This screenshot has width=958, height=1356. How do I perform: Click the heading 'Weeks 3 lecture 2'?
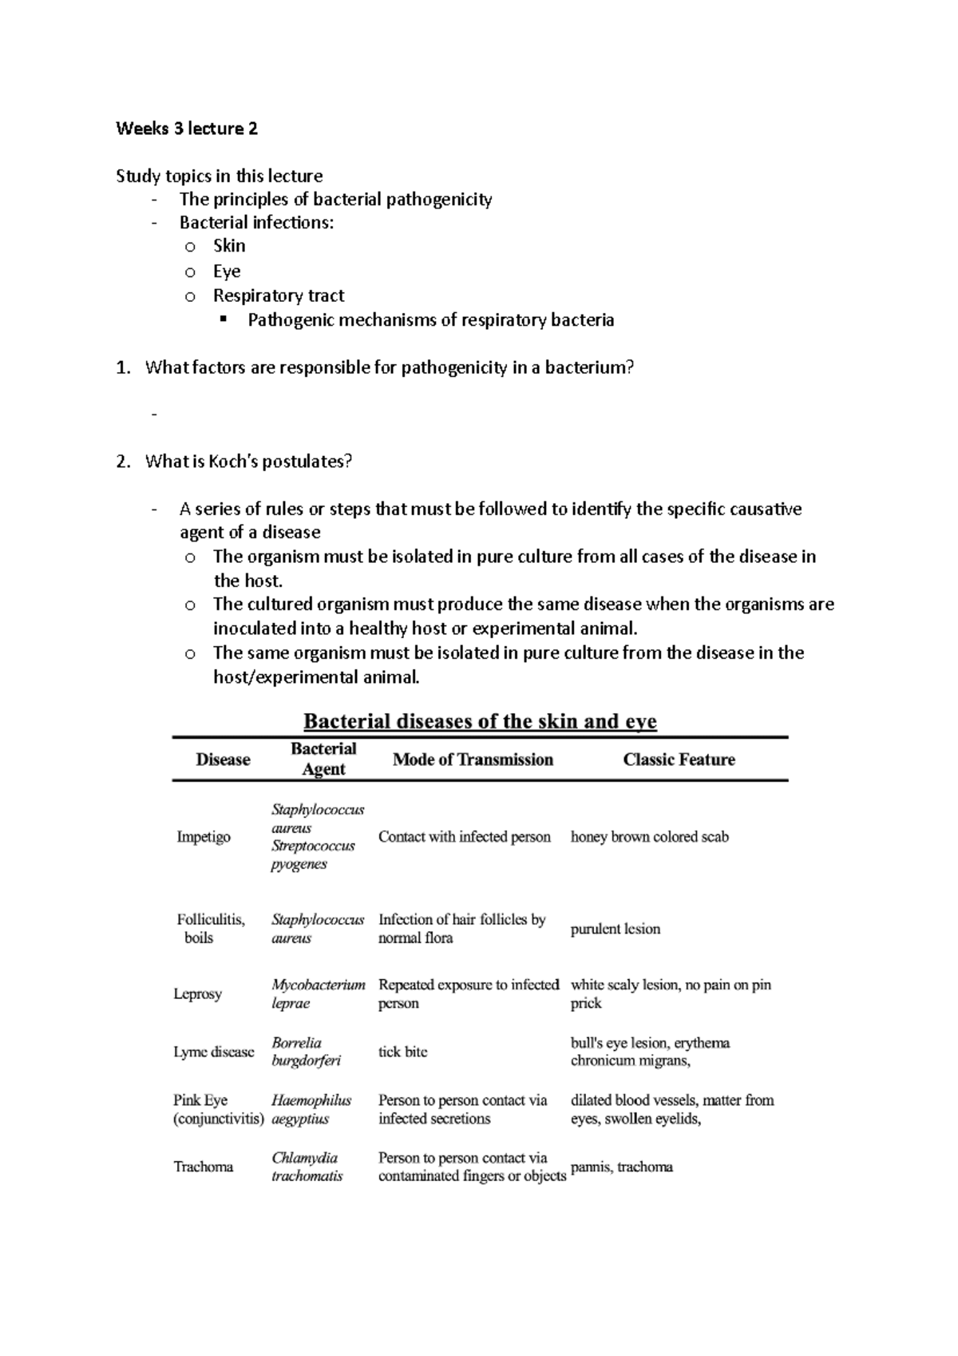[186, 129]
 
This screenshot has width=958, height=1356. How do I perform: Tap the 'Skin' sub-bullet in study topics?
[229, 246]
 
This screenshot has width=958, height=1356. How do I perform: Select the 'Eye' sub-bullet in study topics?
[227, 271]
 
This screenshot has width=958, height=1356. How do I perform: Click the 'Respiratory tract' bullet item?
[278, 295]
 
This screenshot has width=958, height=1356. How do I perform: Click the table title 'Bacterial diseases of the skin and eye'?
[480, 722]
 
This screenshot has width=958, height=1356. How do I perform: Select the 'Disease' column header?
[223, 759]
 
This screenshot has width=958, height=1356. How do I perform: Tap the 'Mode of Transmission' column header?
[473, 759]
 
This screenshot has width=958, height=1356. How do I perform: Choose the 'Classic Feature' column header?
[679, 759]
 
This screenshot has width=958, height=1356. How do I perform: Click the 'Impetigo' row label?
[204, 837]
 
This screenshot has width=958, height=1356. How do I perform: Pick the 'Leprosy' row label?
[197, 994]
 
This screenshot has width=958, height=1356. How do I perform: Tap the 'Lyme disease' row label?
[213, 1052]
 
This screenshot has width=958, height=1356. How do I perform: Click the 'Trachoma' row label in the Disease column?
[204, 1167]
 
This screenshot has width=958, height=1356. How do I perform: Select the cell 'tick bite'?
[402, 1052]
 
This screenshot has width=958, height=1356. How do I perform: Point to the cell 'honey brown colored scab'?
[649, 837]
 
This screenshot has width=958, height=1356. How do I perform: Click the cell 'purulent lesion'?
[615, 929]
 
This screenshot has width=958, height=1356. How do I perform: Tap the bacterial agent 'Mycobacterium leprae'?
[318, 994]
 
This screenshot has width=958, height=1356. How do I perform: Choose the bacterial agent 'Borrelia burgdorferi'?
[306, 1052]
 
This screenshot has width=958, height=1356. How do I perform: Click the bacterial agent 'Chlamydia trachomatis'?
[307, 1167]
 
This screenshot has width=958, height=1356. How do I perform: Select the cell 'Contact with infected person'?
[464, 837]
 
